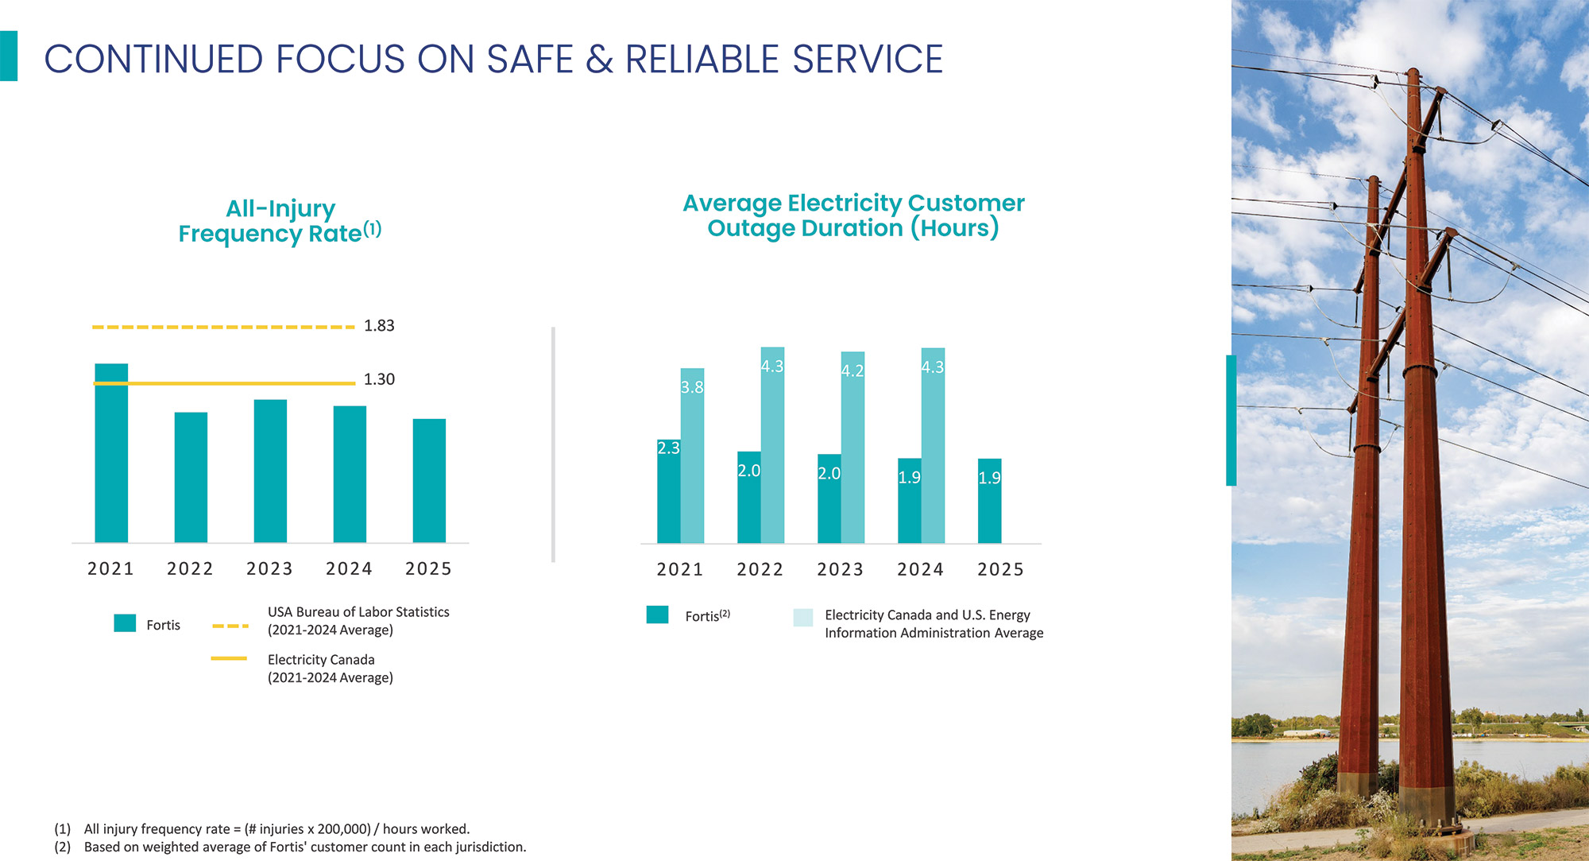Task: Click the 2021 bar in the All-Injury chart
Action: pyautogui.click(x=111, y=453)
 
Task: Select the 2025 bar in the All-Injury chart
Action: pyautogui.click(x=429, y=481)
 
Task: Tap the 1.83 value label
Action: pyautogui.click(x=379, y=326)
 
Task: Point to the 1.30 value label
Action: pyautogui.click(x=379, y=380)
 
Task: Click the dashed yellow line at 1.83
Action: pyautogui.click(x=223, y=327)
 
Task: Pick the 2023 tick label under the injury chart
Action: pyautogui.click(x=270, y=569)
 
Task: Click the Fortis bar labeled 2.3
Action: pyautogui.click(x=669, y=491)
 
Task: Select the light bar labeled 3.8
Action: pyautogui.click(x=692, y=456)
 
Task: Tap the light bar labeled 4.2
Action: pyautogui.click(x=852, y=448)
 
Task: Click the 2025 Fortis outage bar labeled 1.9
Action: pyautogui.click(x=989, y=501)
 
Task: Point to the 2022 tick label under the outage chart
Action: pyautogui.click(x=760, y=570)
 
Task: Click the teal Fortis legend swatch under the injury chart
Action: pyautogui.click(x=125, y=623)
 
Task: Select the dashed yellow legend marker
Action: pyautogui.click(x=230, y=626)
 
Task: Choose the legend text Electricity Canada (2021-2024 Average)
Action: pyautogui.click(x=331, y=669)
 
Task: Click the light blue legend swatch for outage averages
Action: pyautogui.click(x=803, y=618)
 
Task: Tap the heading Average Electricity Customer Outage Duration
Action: pyautogui.click(x=853, y=215)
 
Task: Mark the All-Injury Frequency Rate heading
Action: pyautogui.click(x=280, y=221)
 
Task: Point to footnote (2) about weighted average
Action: pyautogui.click(x=290, y=847)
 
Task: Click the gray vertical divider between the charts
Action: pyautogui.click(x=553, y=444)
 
